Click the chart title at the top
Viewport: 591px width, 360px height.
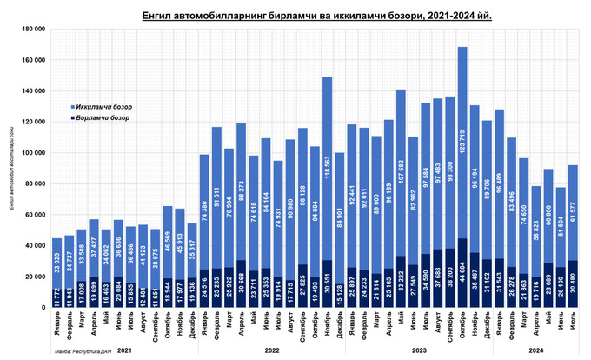[311, 16]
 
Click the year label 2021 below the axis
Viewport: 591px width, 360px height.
[124, 350]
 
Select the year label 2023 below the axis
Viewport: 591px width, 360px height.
[419, 350]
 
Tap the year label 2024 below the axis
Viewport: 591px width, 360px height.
[536, 350]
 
